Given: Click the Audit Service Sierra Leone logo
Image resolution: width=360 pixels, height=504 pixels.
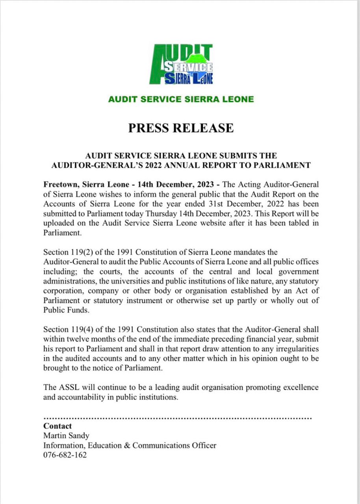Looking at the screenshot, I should (x=181, y=64).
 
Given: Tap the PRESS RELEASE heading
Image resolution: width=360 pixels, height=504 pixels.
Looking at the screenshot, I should (x=181, y=128).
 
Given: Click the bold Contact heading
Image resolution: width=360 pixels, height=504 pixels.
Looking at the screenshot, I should (x=58, y=426).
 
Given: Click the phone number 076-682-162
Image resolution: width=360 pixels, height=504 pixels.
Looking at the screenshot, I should (x=65, y=455).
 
